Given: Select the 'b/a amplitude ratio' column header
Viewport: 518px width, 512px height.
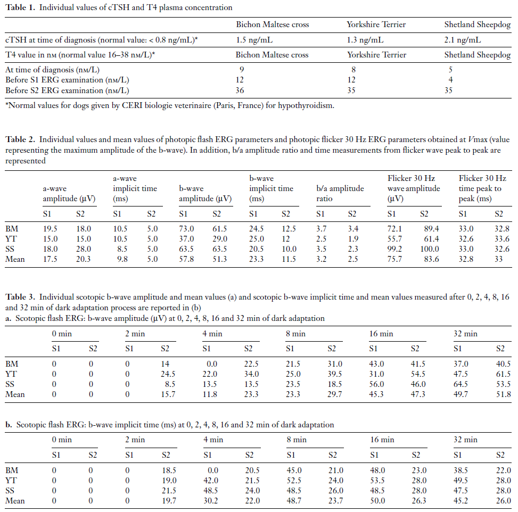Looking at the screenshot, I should (340, 194).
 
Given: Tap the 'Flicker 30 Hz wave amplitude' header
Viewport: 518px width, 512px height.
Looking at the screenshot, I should (414, 188).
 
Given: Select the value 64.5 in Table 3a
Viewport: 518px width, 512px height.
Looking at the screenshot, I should (457, 384).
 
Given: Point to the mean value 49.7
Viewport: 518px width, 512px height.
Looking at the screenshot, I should (457, 394).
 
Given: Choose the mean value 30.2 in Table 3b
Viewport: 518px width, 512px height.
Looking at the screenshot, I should (207, 501).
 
